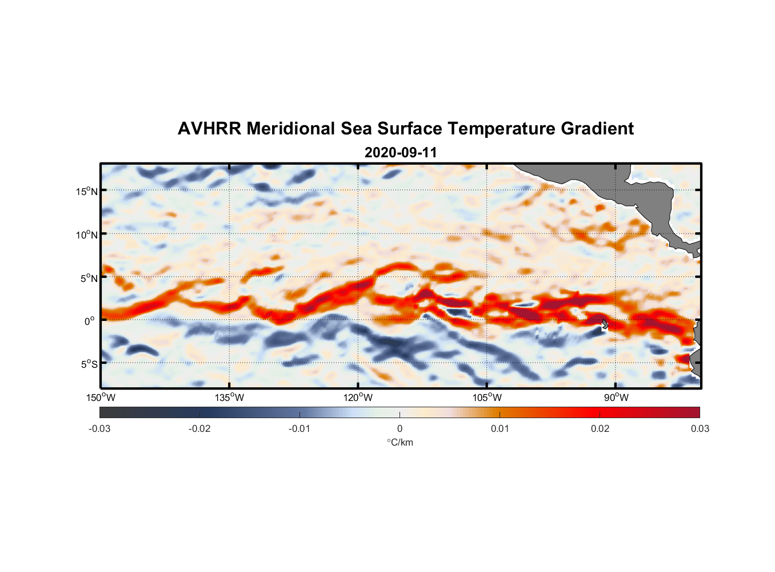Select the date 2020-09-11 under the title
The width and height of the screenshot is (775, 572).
click(x=401, y=153)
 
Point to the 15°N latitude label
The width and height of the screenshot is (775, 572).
click(x=86, y=191)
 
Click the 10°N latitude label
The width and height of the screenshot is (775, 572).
click(x=86, y=235)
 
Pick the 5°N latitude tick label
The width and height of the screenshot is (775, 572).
click(x=89, y=278)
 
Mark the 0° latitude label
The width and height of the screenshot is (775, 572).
click(x=90, y=321)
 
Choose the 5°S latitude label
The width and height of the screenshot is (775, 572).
click(x=89, y=364)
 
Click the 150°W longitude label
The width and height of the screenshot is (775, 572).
click(x=101, y=398)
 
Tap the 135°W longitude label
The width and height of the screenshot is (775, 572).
click(x=230, y=398)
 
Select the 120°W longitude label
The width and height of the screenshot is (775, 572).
click(x=358, y=398)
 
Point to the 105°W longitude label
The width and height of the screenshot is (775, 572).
click(x=487, y=398)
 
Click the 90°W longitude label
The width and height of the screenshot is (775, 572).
click(x=616, y=398)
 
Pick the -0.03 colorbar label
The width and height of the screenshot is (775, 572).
click(x=99, y=428)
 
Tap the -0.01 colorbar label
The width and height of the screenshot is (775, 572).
click(x=299, y=428)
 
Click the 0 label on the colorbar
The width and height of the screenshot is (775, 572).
click(x=400, y=428)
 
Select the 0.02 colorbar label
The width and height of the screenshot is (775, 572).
click(x=600, y=428)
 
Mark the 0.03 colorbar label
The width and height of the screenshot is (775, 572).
click(x=700, y=428)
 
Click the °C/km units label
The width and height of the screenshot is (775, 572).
click(x=400, y=442)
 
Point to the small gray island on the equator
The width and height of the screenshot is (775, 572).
click(x=605, y=324)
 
